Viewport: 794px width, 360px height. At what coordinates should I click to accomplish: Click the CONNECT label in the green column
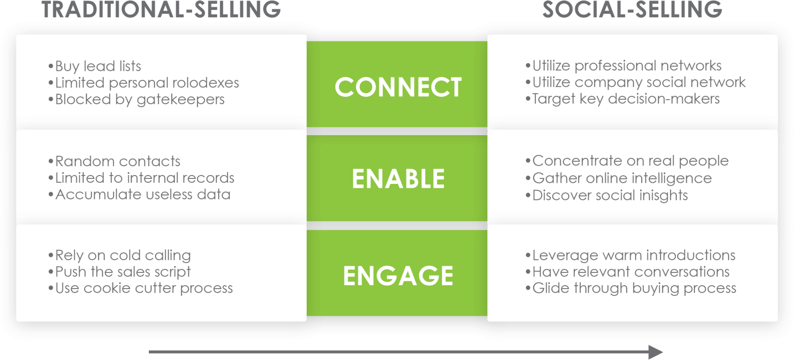[398, 88]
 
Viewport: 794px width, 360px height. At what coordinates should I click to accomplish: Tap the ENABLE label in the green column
[398, 179]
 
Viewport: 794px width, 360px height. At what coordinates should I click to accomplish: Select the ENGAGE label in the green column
[398, 276]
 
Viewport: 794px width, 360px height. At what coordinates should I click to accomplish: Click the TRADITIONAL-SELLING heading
[161, 10]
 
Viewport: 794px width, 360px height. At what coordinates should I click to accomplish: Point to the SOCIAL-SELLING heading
[632, 10]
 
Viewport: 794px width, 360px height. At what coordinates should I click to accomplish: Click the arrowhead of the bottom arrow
[656, 352]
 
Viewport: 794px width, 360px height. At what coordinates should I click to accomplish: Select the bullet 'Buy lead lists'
[95, 66]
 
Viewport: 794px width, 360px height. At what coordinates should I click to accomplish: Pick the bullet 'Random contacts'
[115, 162]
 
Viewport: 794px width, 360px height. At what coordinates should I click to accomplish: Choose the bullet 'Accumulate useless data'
[140, 195]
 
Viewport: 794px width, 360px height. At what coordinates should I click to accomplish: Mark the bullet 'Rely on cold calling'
[120, 255]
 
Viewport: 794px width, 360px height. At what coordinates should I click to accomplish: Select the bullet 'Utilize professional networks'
[623, 66]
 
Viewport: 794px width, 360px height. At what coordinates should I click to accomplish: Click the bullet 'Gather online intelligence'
[618, 178]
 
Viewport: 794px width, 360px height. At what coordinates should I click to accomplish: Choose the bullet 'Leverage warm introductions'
[630, 255]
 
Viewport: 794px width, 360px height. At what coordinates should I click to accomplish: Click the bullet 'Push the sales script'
[120, 272]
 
